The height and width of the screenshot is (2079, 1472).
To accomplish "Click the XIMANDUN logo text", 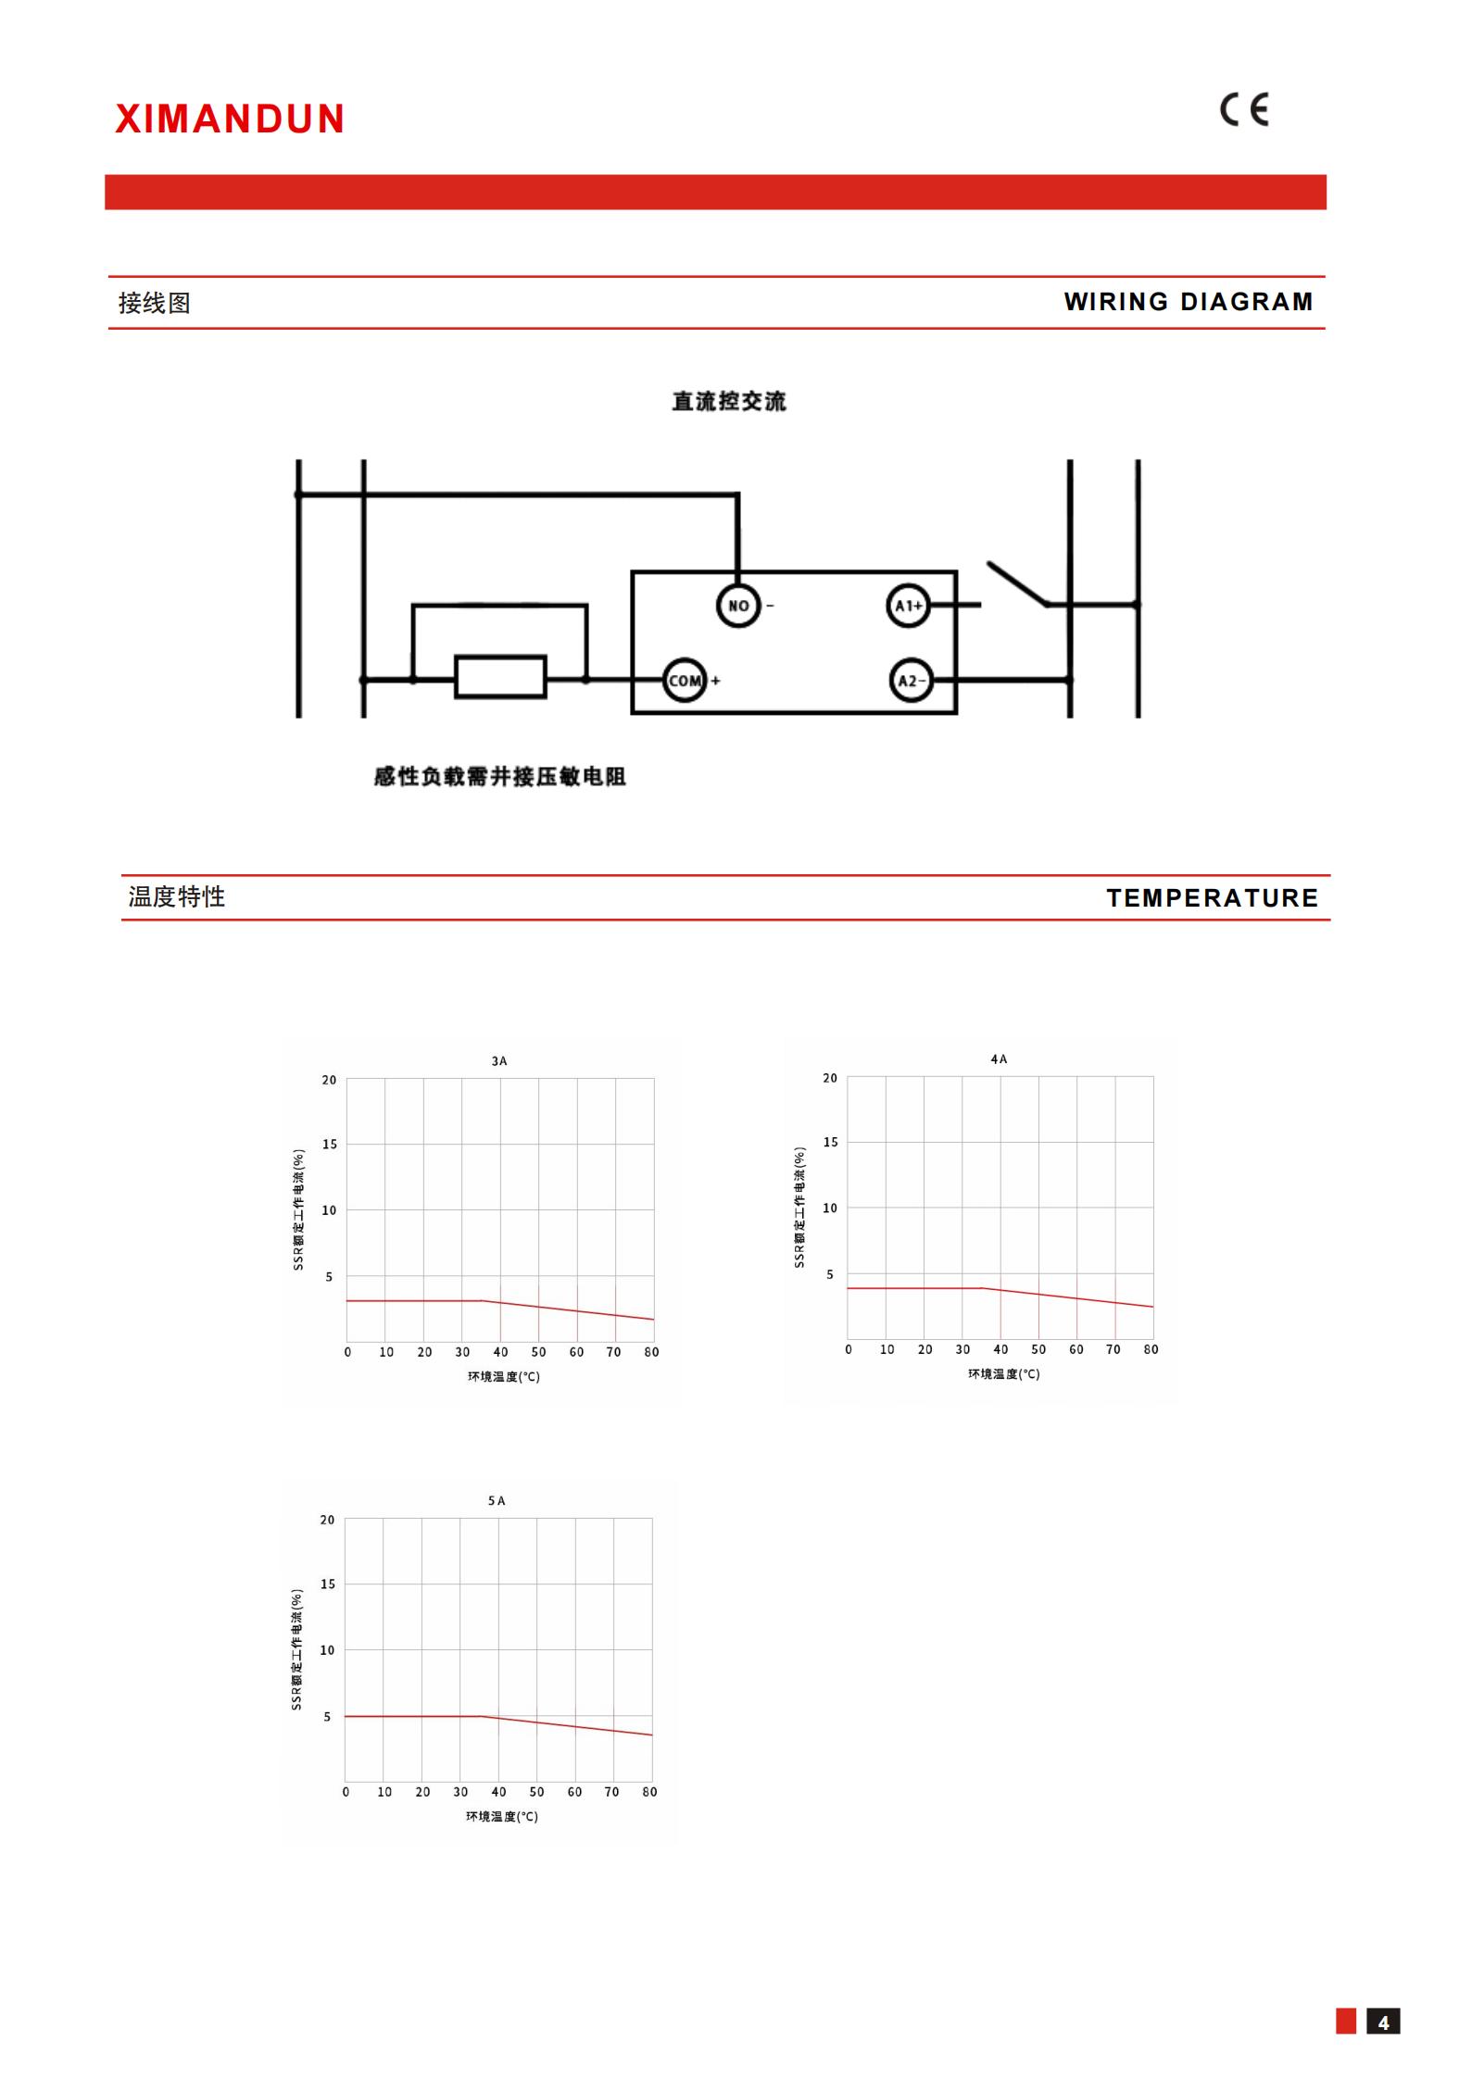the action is [x=230, y=119].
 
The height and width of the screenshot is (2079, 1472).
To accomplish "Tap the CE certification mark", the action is [x=1244, y=110].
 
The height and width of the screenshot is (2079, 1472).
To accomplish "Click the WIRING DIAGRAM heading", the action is [x=1189, y=302].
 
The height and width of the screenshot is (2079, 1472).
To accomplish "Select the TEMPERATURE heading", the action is [x=1213, y=898].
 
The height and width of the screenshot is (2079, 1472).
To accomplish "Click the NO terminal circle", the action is [x=738, y=606].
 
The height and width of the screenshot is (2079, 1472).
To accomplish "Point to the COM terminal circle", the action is [x=685, y=681].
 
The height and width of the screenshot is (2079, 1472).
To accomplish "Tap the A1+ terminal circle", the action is [x=908, y=606].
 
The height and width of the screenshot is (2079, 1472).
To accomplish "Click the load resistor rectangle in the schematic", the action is [x=500, y=677].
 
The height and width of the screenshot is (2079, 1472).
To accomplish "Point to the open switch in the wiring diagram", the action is [x=1017, y=583].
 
